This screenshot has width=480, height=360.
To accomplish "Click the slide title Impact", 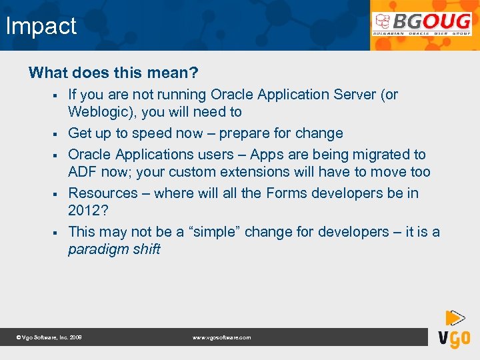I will click(41, 27).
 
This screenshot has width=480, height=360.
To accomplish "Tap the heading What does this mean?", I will click(113, 72).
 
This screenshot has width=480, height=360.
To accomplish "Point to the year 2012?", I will click(87, 211).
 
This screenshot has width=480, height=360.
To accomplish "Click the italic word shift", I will click(145, 249).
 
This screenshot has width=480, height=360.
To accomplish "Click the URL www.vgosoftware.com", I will click(221, 338).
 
